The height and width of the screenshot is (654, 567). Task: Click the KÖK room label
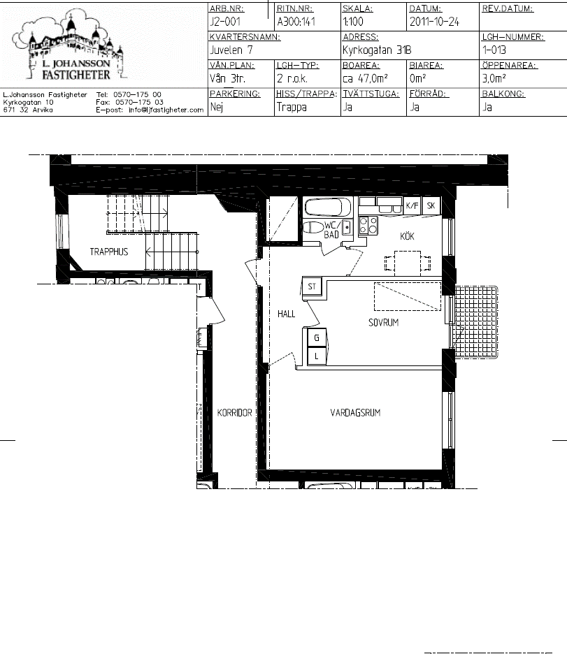407,236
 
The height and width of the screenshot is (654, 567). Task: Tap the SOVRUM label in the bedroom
383,322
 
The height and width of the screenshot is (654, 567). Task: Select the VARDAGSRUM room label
355,413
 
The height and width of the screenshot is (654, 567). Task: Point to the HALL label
286,314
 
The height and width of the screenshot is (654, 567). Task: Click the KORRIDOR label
234,413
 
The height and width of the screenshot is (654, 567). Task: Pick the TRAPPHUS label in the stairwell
109,252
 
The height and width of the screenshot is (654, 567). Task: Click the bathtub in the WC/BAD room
329,207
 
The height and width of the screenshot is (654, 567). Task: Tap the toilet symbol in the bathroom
313,227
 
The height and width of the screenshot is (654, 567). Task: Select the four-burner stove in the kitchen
368,225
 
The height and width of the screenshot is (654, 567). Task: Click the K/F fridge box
412,205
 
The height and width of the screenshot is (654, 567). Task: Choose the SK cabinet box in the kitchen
431,205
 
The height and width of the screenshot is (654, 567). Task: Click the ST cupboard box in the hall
312,286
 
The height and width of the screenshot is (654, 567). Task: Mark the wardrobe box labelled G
317,338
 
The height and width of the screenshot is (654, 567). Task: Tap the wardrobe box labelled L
317,356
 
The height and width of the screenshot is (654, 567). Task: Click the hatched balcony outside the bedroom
476,321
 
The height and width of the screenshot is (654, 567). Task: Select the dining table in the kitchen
407,263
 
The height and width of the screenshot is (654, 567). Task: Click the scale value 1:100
353,22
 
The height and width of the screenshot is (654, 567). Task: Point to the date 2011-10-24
434,22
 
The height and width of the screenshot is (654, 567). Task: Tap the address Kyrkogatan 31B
377,50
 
